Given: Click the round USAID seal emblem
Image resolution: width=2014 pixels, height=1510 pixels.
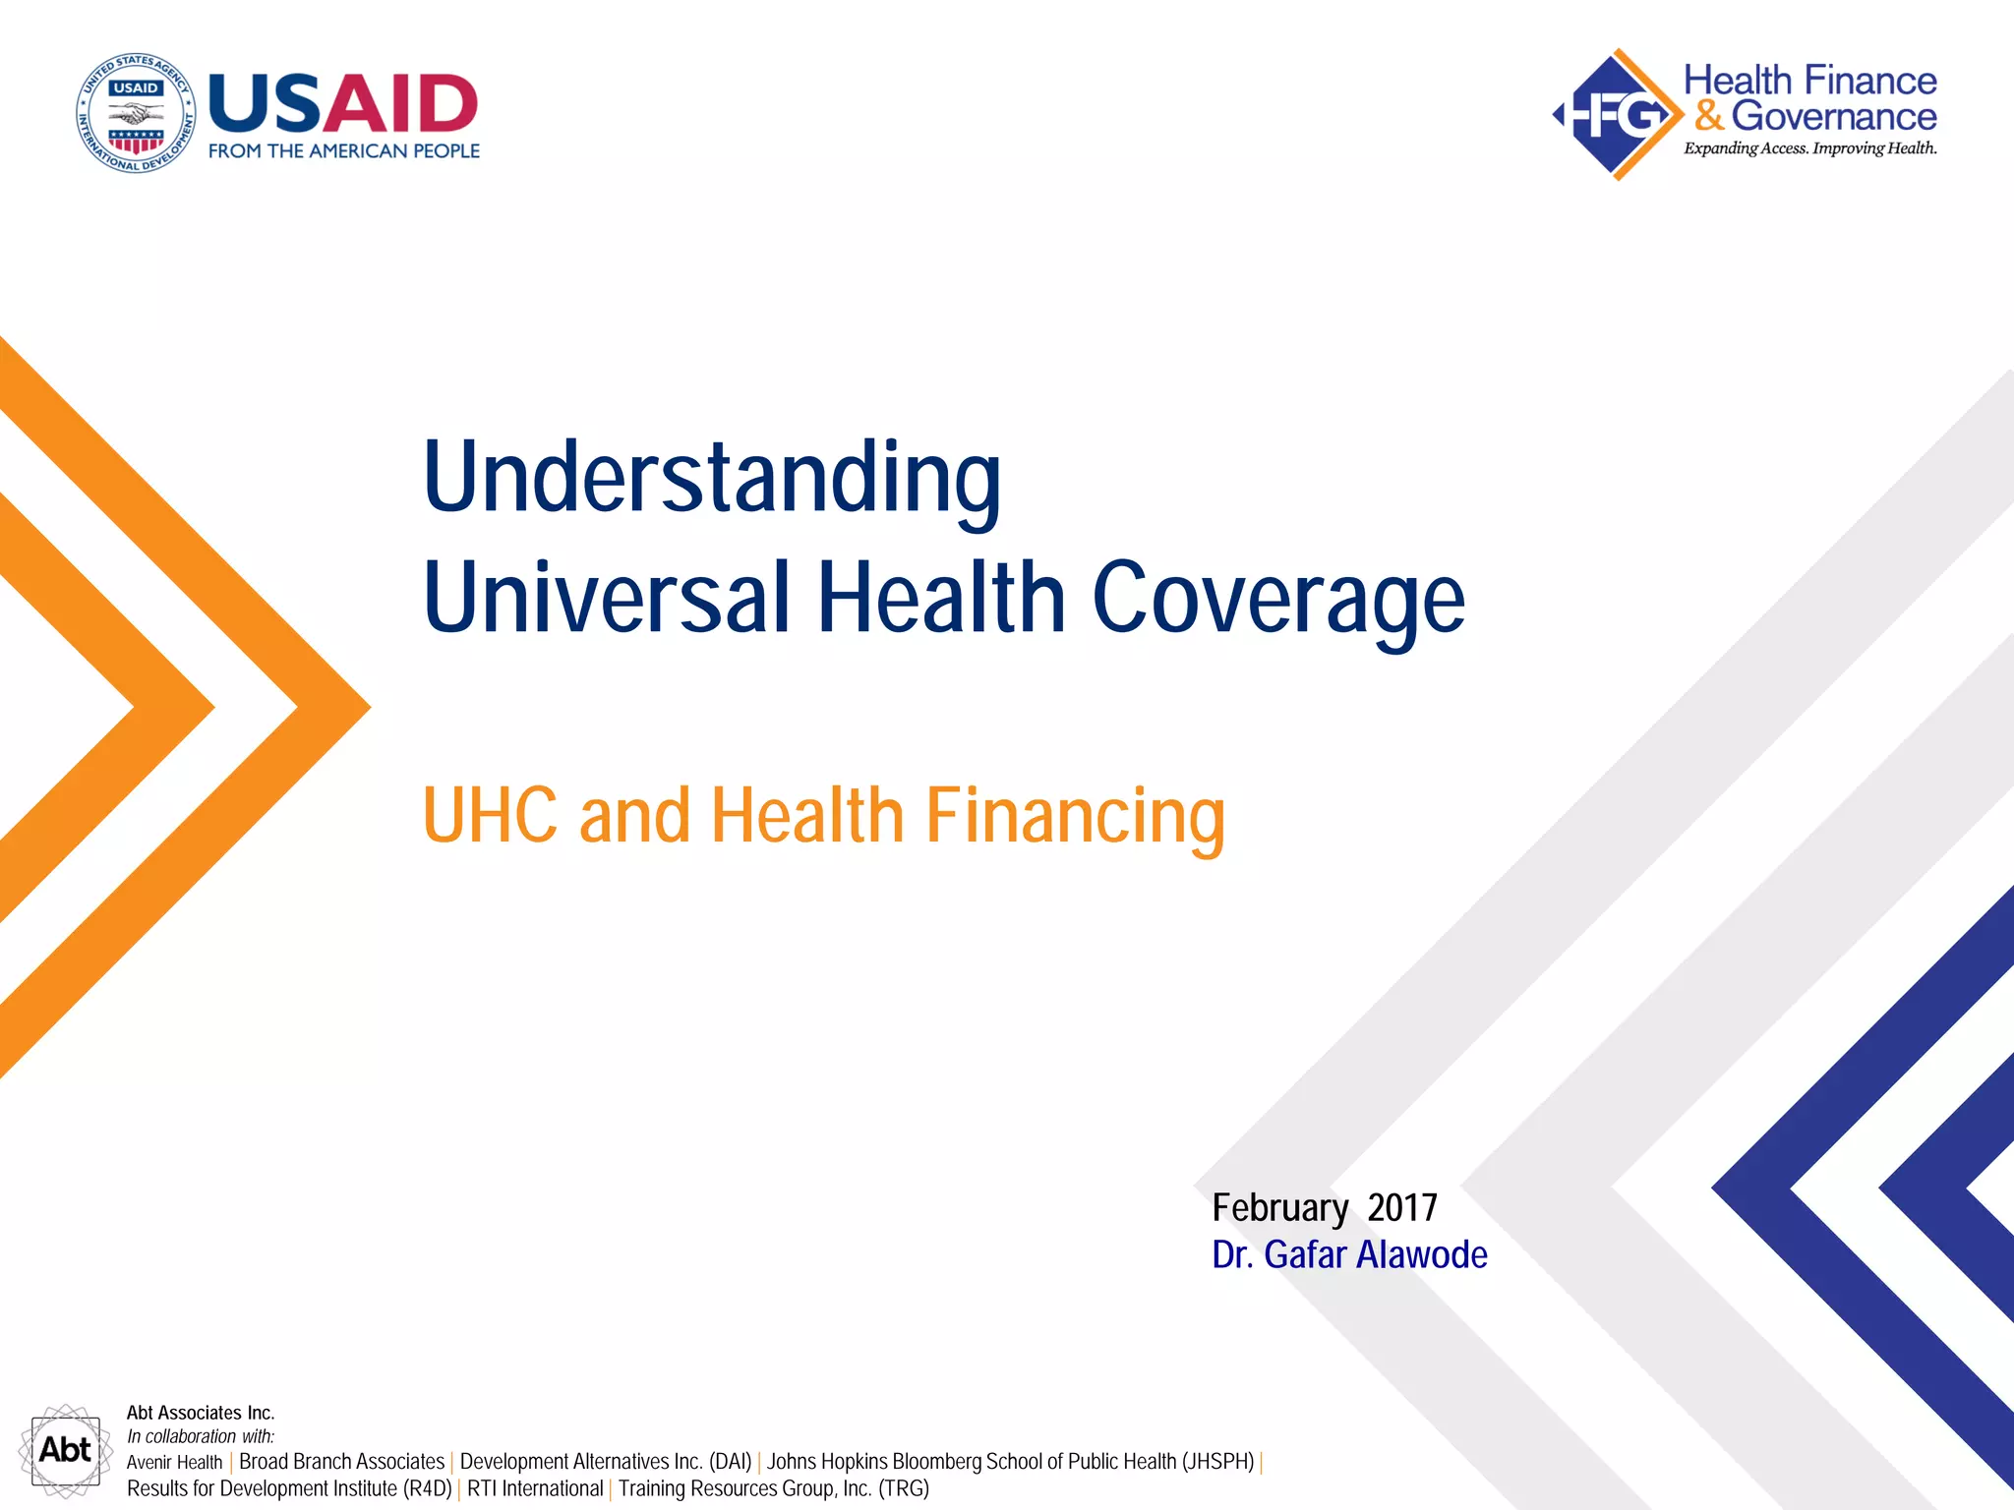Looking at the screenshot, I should coord(136,113).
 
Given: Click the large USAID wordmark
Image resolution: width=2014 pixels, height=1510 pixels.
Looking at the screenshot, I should coord(343,103).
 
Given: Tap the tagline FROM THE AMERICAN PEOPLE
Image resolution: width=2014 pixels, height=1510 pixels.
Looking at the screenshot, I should coord(343,151).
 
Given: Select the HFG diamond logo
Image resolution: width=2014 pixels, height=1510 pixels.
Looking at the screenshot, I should coord(1617,115).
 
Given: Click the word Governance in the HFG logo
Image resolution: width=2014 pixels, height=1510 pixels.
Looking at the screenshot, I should coord(1833,116).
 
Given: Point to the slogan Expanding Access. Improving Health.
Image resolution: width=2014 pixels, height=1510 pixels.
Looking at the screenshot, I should coord(1809,148).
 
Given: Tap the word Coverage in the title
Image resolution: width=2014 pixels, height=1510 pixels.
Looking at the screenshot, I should coord(1278,598).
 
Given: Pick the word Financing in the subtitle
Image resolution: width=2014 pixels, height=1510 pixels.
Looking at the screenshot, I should coord(1076,816).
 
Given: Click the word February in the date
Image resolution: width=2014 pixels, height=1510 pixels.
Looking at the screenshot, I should coord(1279,1208).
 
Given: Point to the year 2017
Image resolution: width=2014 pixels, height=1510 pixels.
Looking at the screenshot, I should coord(1402,1208).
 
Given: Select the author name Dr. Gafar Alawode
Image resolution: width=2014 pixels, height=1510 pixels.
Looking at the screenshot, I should coord(1349,1255).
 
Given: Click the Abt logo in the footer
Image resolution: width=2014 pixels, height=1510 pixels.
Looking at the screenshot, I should coord(65,1450).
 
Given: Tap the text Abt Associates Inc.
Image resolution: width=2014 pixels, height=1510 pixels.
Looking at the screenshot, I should coord(201,1413).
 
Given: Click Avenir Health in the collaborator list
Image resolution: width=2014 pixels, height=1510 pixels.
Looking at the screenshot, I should coord(174,1463).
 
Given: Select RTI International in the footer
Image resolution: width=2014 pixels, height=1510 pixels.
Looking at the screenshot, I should coord(535,1488).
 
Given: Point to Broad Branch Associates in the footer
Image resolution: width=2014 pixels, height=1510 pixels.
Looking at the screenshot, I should coord(341,1462).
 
